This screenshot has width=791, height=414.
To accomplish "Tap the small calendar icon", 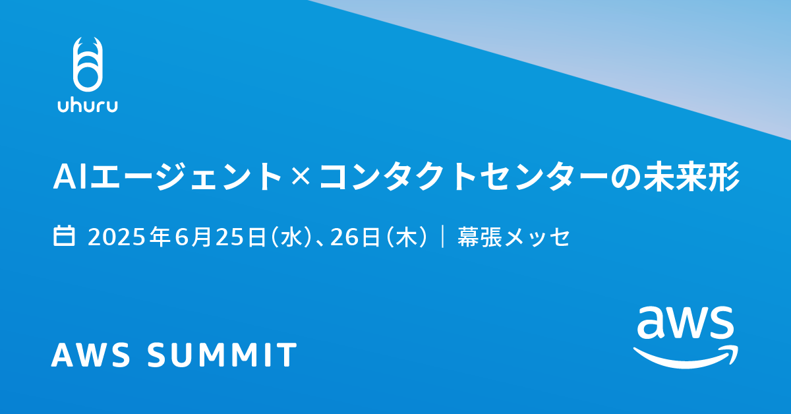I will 63,235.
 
